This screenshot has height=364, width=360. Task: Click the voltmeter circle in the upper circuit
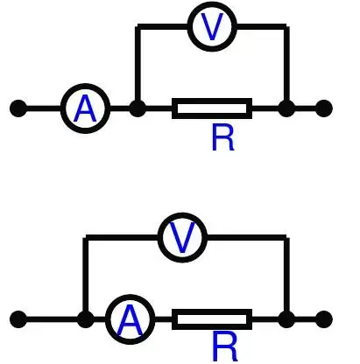(212, 6)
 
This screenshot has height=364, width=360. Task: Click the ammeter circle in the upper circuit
(85, 87)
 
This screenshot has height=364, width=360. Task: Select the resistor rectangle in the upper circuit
(212, 101)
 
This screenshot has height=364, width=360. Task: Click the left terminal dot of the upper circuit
(18, 108)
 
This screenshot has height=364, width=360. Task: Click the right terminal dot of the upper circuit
(324, 108)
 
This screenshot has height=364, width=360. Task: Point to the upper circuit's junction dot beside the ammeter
(138, 108)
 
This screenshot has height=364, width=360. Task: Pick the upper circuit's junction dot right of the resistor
(286, 108)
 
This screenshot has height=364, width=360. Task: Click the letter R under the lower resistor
(225, 346)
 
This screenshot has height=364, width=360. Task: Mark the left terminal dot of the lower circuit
(18, 319)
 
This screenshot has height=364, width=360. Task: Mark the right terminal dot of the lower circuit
(324, 319)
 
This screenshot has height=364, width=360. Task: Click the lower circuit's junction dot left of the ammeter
(85, 319)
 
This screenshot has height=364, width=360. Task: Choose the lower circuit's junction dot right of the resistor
(286, 319)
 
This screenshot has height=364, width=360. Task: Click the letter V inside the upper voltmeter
(212, 27)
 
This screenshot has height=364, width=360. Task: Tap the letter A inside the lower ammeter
(130, 320)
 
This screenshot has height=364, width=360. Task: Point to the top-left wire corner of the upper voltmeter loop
(138, 27)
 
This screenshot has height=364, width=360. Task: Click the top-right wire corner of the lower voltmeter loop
(286, 237)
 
